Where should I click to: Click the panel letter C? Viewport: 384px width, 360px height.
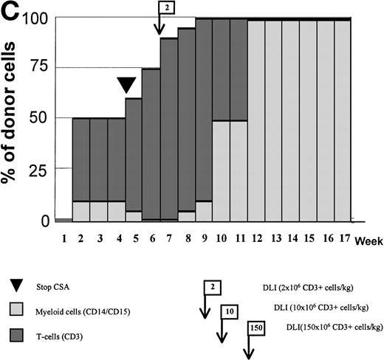coord(12,12)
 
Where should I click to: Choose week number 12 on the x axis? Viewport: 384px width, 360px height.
coord(256,239)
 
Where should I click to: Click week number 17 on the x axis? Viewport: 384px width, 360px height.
coord(343,239)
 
